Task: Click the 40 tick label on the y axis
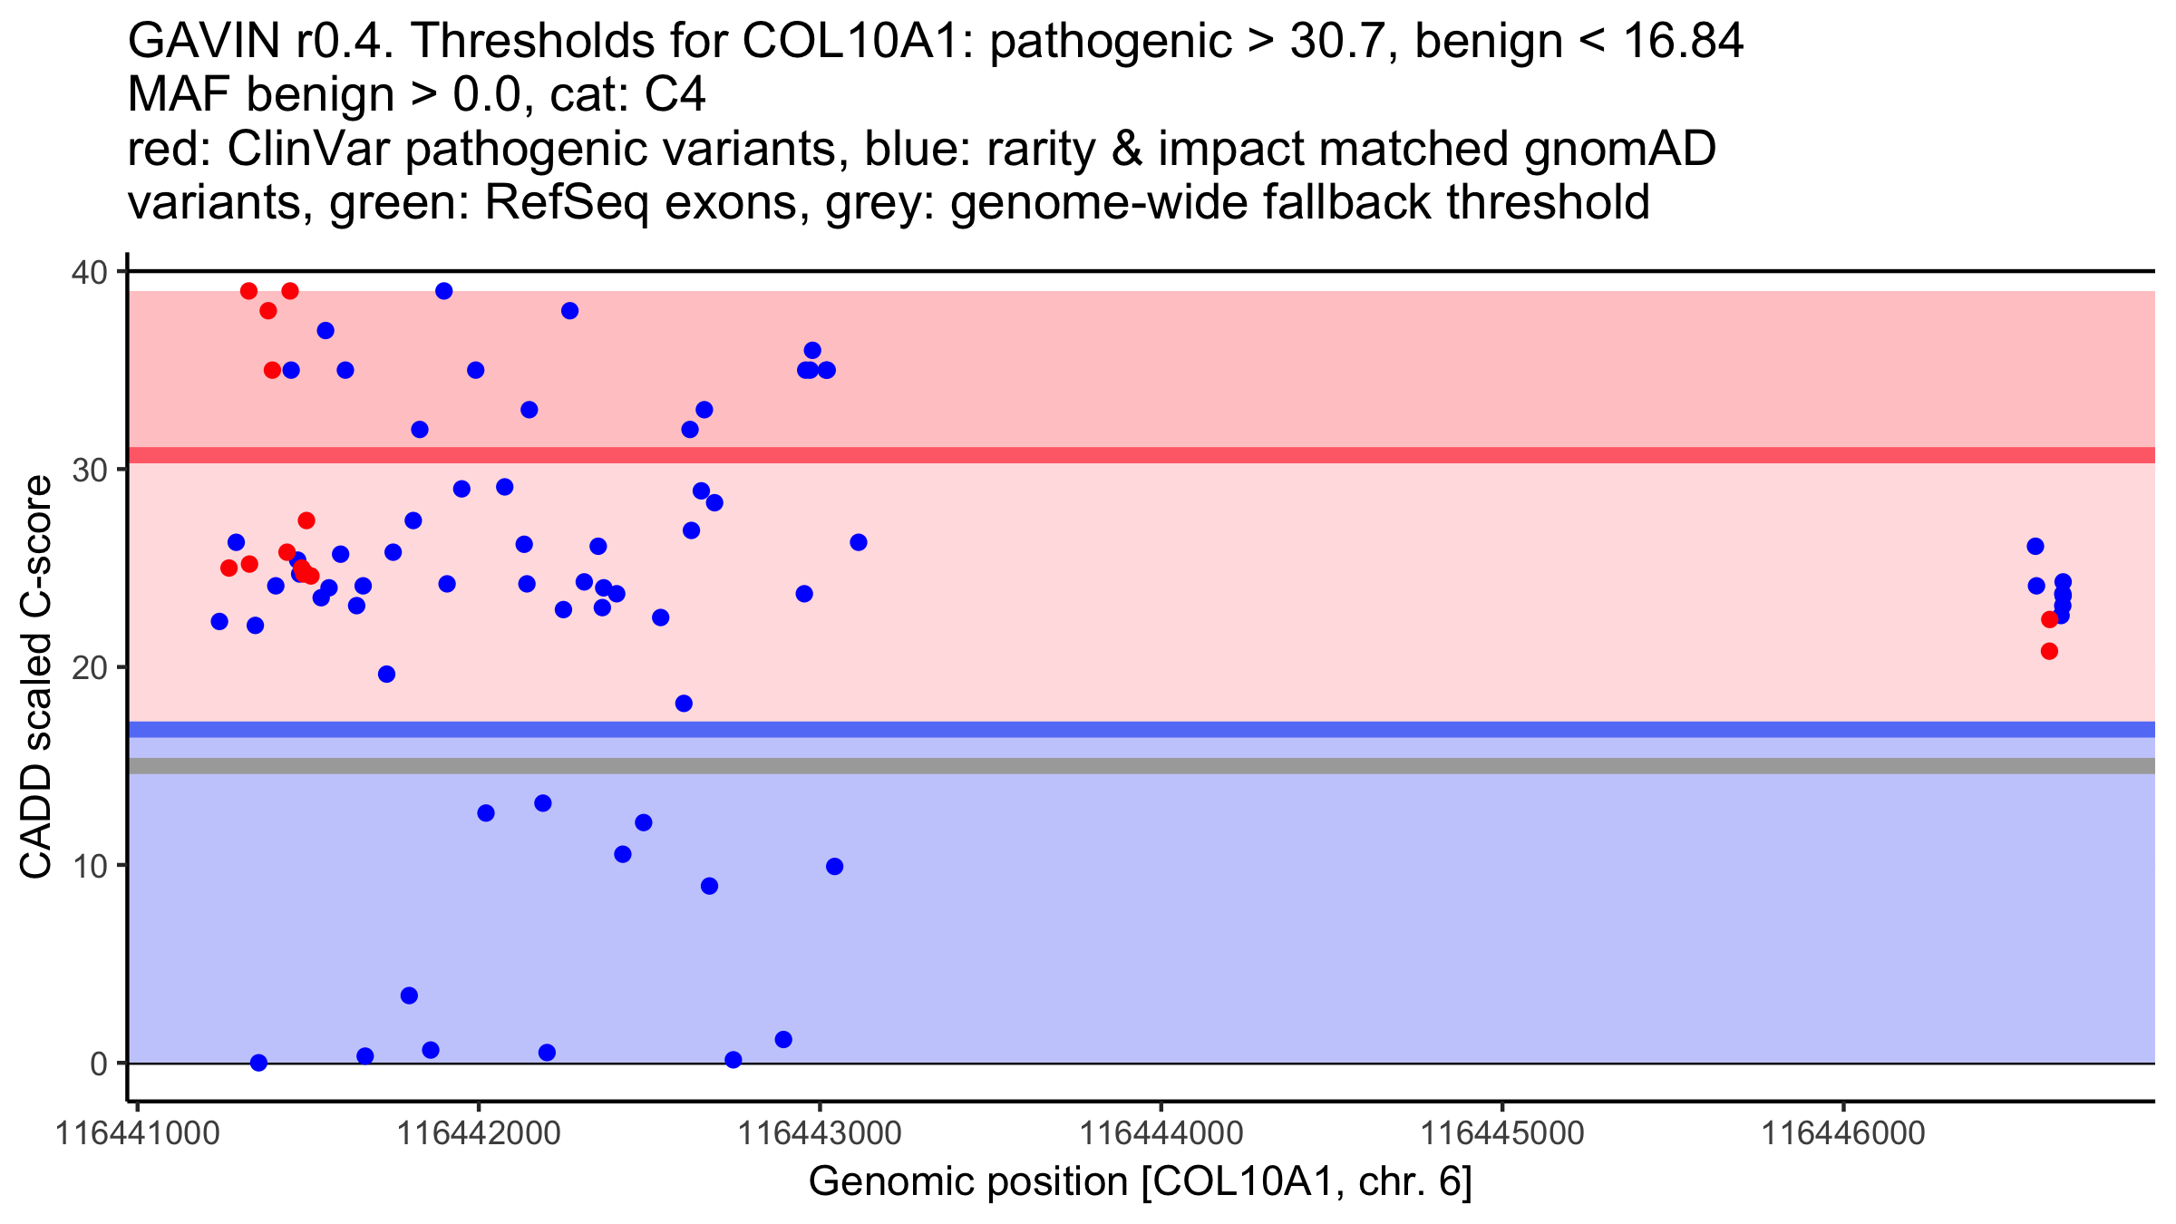[x=87, y=272]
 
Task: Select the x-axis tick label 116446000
[x=1841, y=1133]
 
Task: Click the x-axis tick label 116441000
[x=137, y=1133]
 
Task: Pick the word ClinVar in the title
[x=309, y=150]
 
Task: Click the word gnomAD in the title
[x=1619, y=150]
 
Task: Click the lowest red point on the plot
[x=2049, y=651]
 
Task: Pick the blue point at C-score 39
[x=444, y=291]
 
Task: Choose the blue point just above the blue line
[x=684, y=704]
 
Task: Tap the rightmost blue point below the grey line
[x=835, y=867]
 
